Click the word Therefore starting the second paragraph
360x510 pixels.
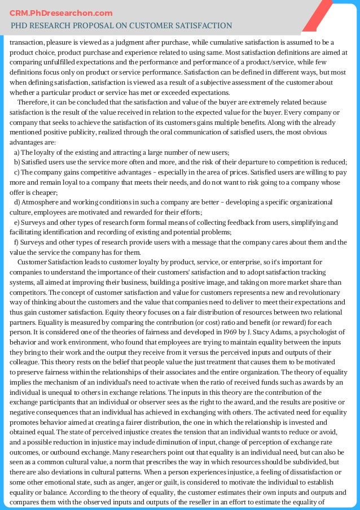[33, 102]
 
